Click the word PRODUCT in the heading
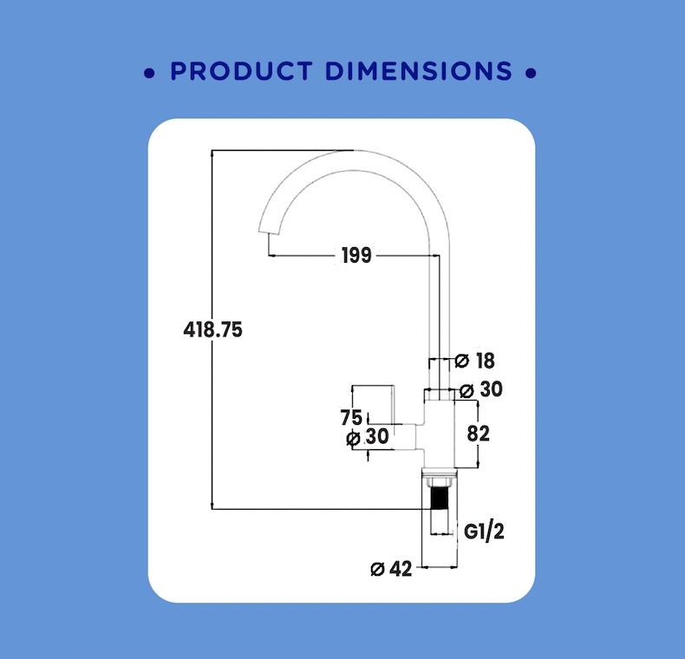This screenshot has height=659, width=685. tap(241, 71)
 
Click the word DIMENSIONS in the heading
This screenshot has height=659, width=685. tap(419, 71)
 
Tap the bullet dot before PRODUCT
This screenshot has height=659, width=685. tap(149, 73)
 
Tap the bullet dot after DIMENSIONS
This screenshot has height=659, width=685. tap(531, 73)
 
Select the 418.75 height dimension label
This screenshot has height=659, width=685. tap(212, 329)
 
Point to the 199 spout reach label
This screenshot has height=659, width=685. tap(356, 255)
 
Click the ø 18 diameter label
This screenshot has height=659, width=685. tap(474, 361)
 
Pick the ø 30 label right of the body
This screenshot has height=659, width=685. tap(481, 389)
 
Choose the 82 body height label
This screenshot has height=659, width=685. tap(479, 434)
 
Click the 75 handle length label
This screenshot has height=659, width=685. tap(351, 417)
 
